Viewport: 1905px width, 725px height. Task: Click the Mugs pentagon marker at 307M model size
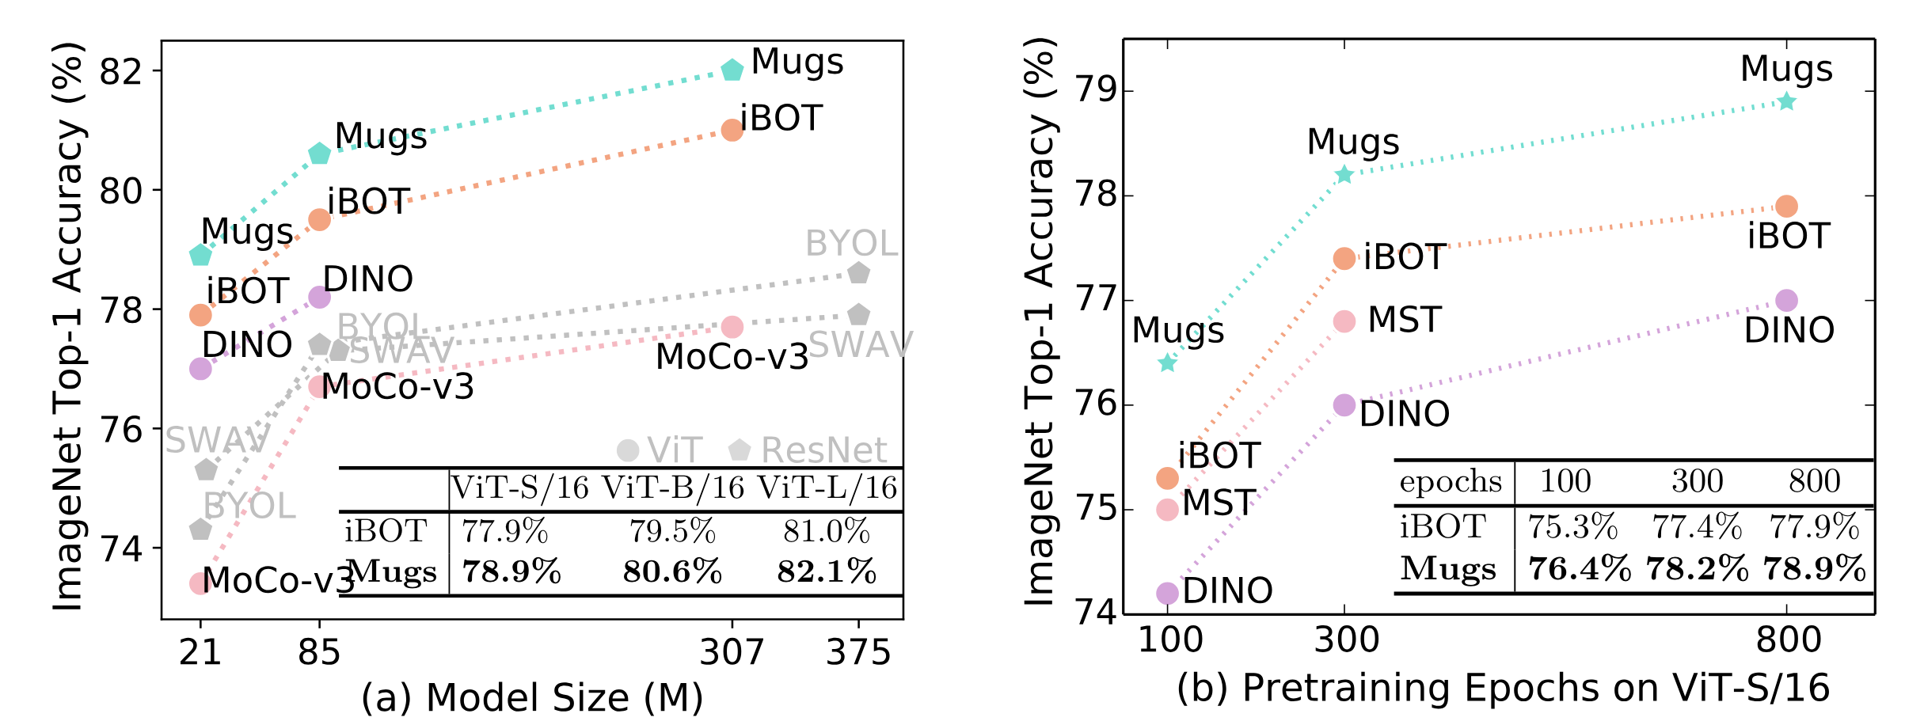point(732,70)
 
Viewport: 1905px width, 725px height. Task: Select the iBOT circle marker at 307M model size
point(732,130)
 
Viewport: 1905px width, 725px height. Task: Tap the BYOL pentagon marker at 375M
point(858,273)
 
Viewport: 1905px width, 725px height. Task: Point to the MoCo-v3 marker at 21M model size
point(200,583)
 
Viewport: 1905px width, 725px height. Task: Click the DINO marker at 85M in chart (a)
point(319,298)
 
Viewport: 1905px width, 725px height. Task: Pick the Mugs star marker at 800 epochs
point(1786,102)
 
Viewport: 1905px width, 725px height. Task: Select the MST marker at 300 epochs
point(1344,321)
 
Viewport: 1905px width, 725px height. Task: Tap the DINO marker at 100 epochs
point(1167,593)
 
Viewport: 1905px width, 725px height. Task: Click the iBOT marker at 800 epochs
point(1786,207)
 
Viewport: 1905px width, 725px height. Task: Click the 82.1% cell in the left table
point(827,571)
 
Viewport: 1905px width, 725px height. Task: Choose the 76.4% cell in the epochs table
point(1579,569)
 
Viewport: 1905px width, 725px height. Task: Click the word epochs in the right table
point(1451,481)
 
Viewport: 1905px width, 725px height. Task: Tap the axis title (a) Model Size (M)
point(532,697)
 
